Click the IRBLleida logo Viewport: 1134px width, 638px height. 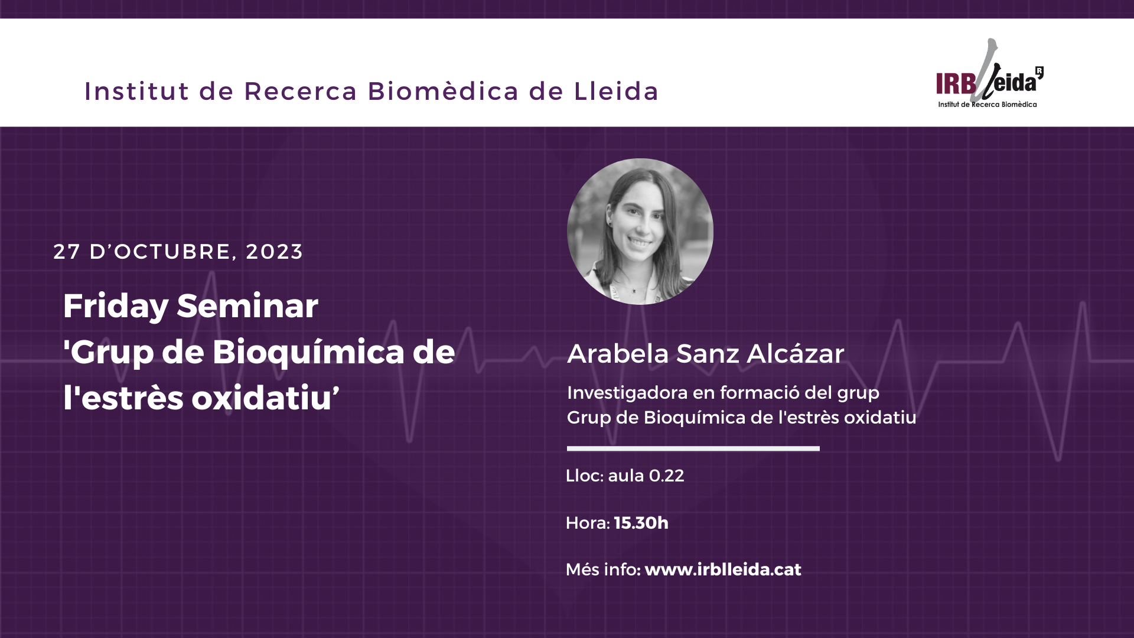click(989, 73)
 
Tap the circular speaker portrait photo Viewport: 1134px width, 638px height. click(640, 232)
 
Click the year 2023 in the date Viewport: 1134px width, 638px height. click(274, 252)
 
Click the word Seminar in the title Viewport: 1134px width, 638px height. click(247, 306)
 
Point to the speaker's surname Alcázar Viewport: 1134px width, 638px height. click(795, 354)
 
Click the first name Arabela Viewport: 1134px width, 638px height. click(618, 354)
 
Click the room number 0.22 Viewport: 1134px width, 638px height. click(666, 476)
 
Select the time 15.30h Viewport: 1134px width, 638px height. click(641, 523)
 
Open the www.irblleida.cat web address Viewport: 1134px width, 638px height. click(723, 569)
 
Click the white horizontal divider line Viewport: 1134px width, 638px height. click(693, 449)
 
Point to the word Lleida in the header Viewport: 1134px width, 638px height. click(616, 92)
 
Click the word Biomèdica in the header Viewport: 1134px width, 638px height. click(443, 92)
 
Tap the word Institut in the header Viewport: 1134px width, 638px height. click(137, 92)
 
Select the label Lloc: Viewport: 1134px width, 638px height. click(584, 476)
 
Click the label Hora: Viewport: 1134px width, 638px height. click(588, 523)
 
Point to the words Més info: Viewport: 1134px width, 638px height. click(603, 569)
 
